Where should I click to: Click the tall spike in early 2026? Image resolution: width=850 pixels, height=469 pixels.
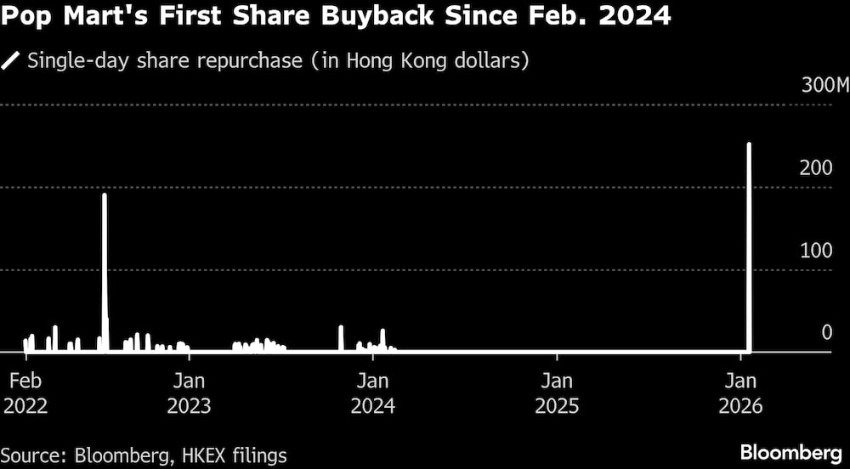(x=749, y=246)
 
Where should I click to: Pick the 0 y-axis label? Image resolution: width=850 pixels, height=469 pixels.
(x=826, y=332)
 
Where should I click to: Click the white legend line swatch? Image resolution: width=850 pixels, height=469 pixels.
(x=12, y=61)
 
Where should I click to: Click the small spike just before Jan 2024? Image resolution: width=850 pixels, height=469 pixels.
(x=341, y=337)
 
